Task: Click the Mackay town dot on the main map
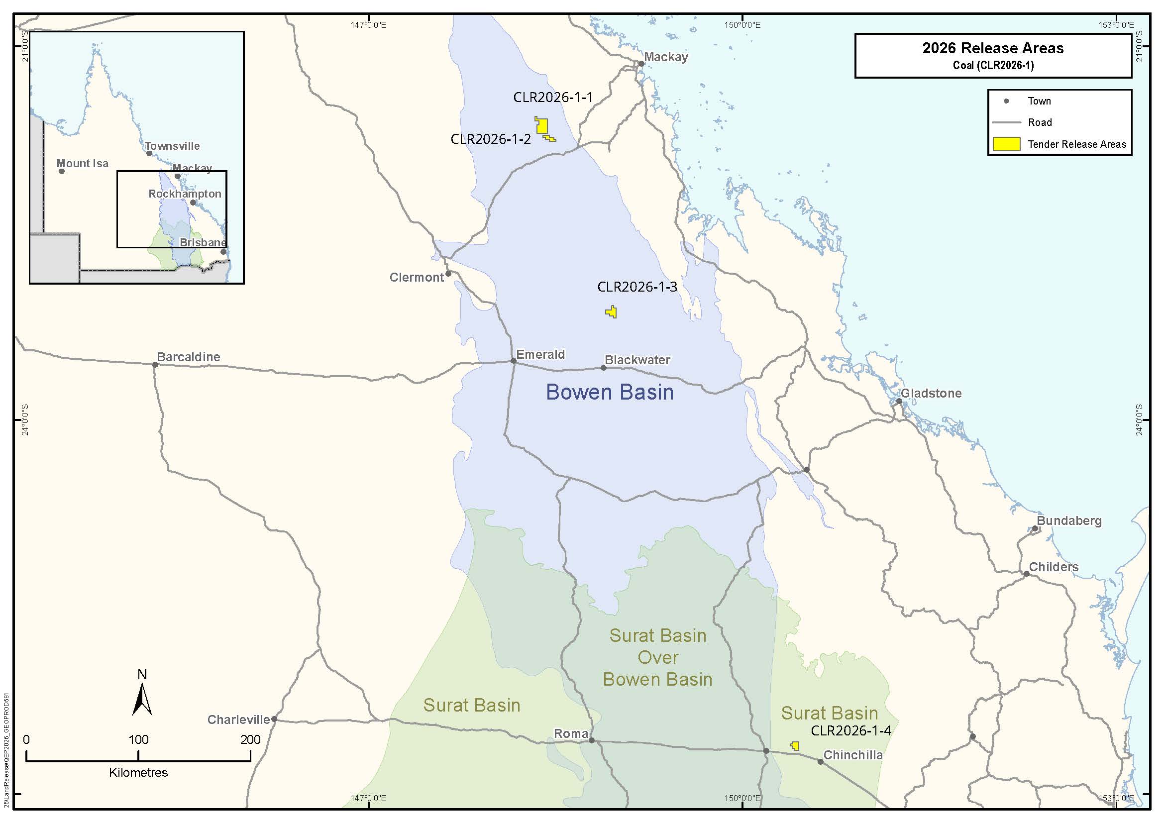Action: (x=641, y=64)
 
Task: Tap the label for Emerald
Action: (x=540, y=354)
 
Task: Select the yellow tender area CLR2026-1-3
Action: (x=612, y=312)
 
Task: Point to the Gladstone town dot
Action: (x=899, y=401)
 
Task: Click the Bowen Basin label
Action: (x=610, y=392)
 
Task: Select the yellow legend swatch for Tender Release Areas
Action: (x=1006, y=144)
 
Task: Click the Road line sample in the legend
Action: (x=1006, y=122)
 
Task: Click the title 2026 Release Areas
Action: (x=993, y=48)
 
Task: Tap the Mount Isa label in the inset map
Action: (x=82, y=163)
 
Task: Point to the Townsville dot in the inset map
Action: (x=149, y=153)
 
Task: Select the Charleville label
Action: (x=238, y=720)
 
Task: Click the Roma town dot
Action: (x=591, y=740)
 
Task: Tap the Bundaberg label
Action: (x=1068, y=521)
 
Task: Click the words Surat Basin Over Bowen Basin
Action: (x=657, y=657)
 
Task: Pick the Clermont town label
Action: (x=416, y=277)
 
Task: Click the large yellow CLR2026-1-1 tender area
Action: (x=542, y=126)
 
